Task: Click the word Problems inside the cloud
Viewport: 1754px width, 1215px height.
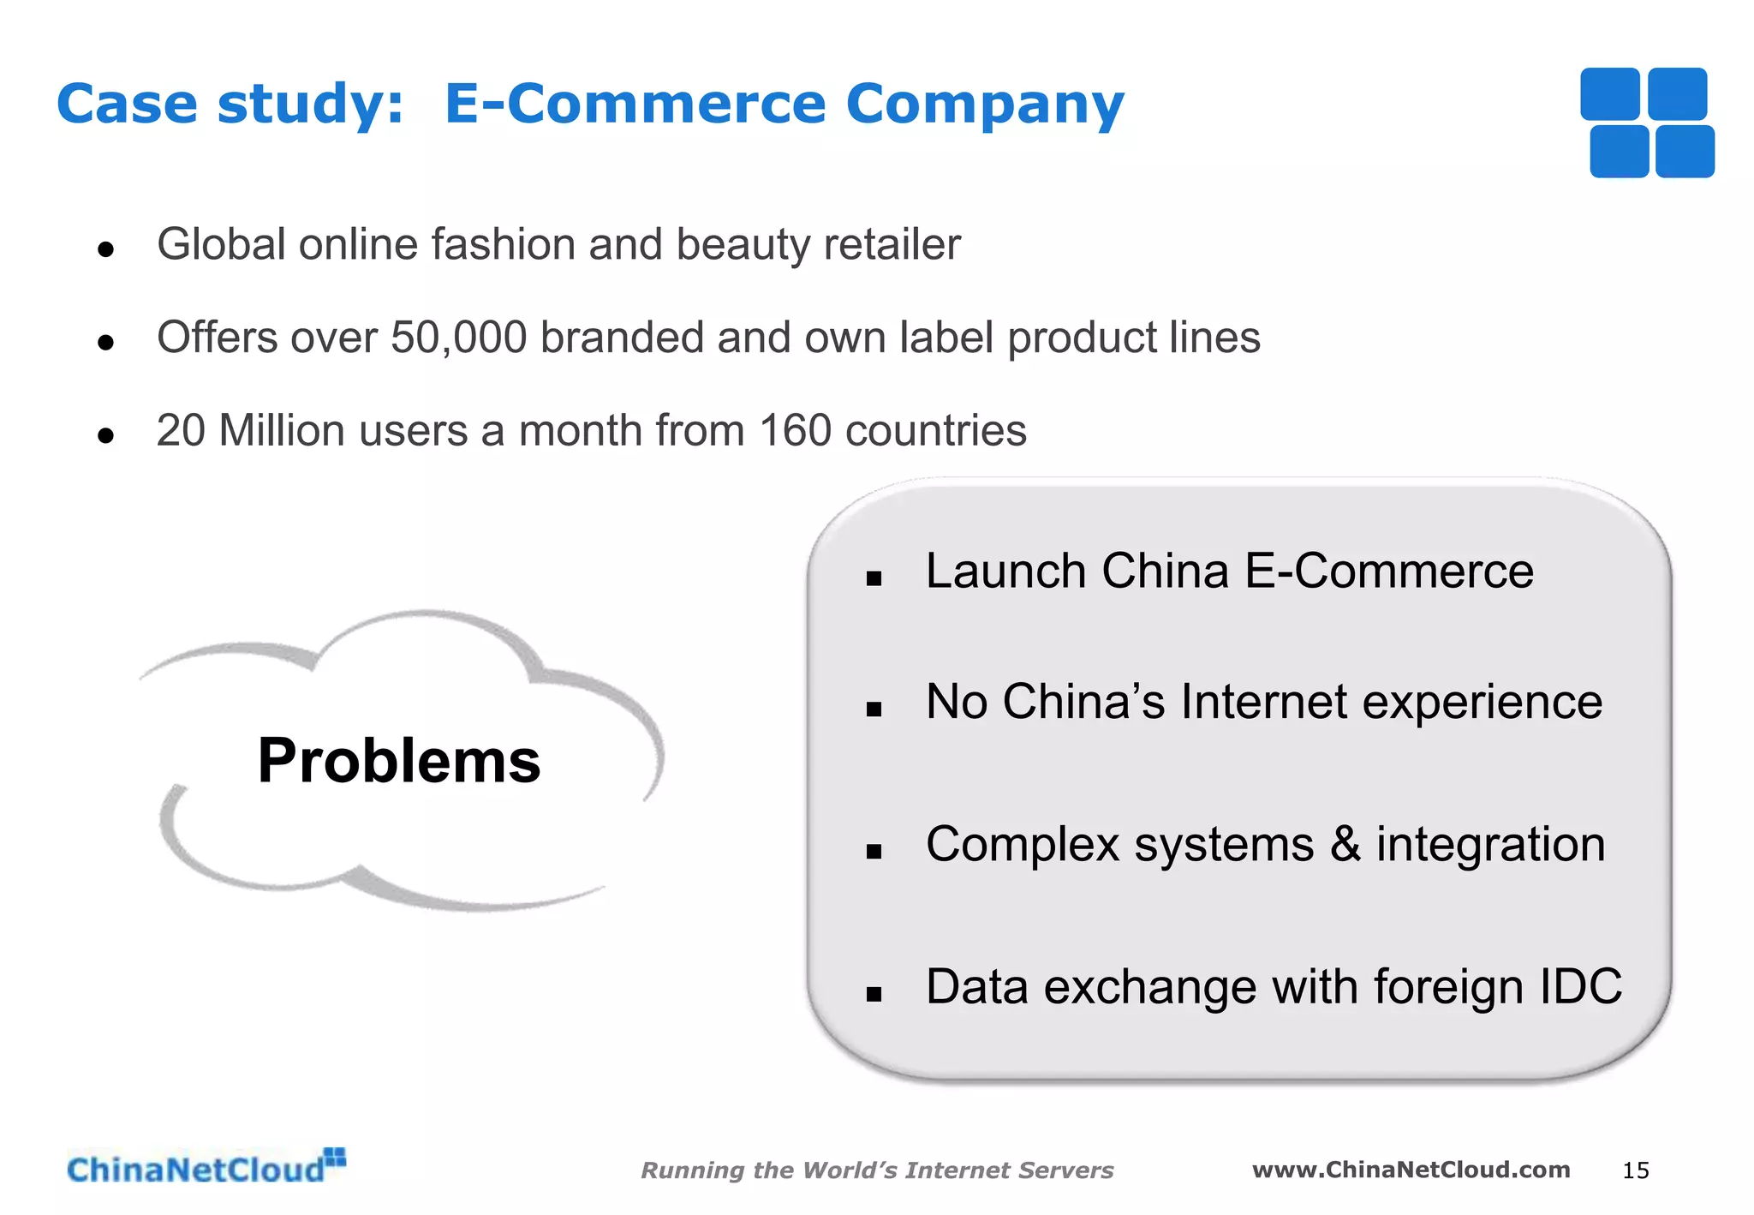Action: [x=399, y=761]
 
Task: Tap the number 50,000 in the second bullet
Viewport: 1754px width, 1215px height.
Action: [x=458, y=338]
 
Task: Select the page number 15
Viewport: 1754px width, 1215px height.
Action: [x=1635, y=1170]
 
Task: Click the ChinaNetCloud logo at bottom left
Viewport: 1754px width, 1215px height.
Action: [x=206, y=1168]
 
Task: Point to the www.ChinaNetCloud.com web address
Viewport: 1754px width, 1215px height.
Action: [x=1411, y=1170]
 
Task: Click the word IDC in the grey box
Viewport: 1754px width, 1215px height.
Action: [x=1580, y=986]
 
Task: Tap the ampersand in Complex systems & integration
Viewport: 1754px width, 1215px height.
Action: [x=1345, y=844]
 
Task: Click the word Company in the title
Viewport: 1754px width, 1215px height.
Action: [x=985, y=105]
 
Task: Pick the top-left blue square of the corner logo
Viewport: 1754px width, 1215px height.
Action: [x=1609, y=94]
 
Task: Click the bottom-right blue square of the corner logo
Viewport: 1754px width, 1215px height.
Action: [x=1685, y=152]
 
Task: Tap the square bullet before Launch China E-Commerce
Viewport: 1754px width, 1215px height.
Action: [x=874, y=579]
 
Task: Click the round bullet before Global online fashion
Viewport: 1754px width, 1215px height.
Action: [x=106, y=250]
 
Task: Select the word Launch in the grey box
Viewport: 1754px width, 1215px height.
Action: [x=1005, y=572]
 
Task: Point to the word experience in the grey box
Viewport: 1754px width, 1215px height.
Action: [x=1482, y=703]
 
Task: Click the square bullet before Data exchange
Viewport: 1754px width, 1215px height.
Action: [x=874, y=995]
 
